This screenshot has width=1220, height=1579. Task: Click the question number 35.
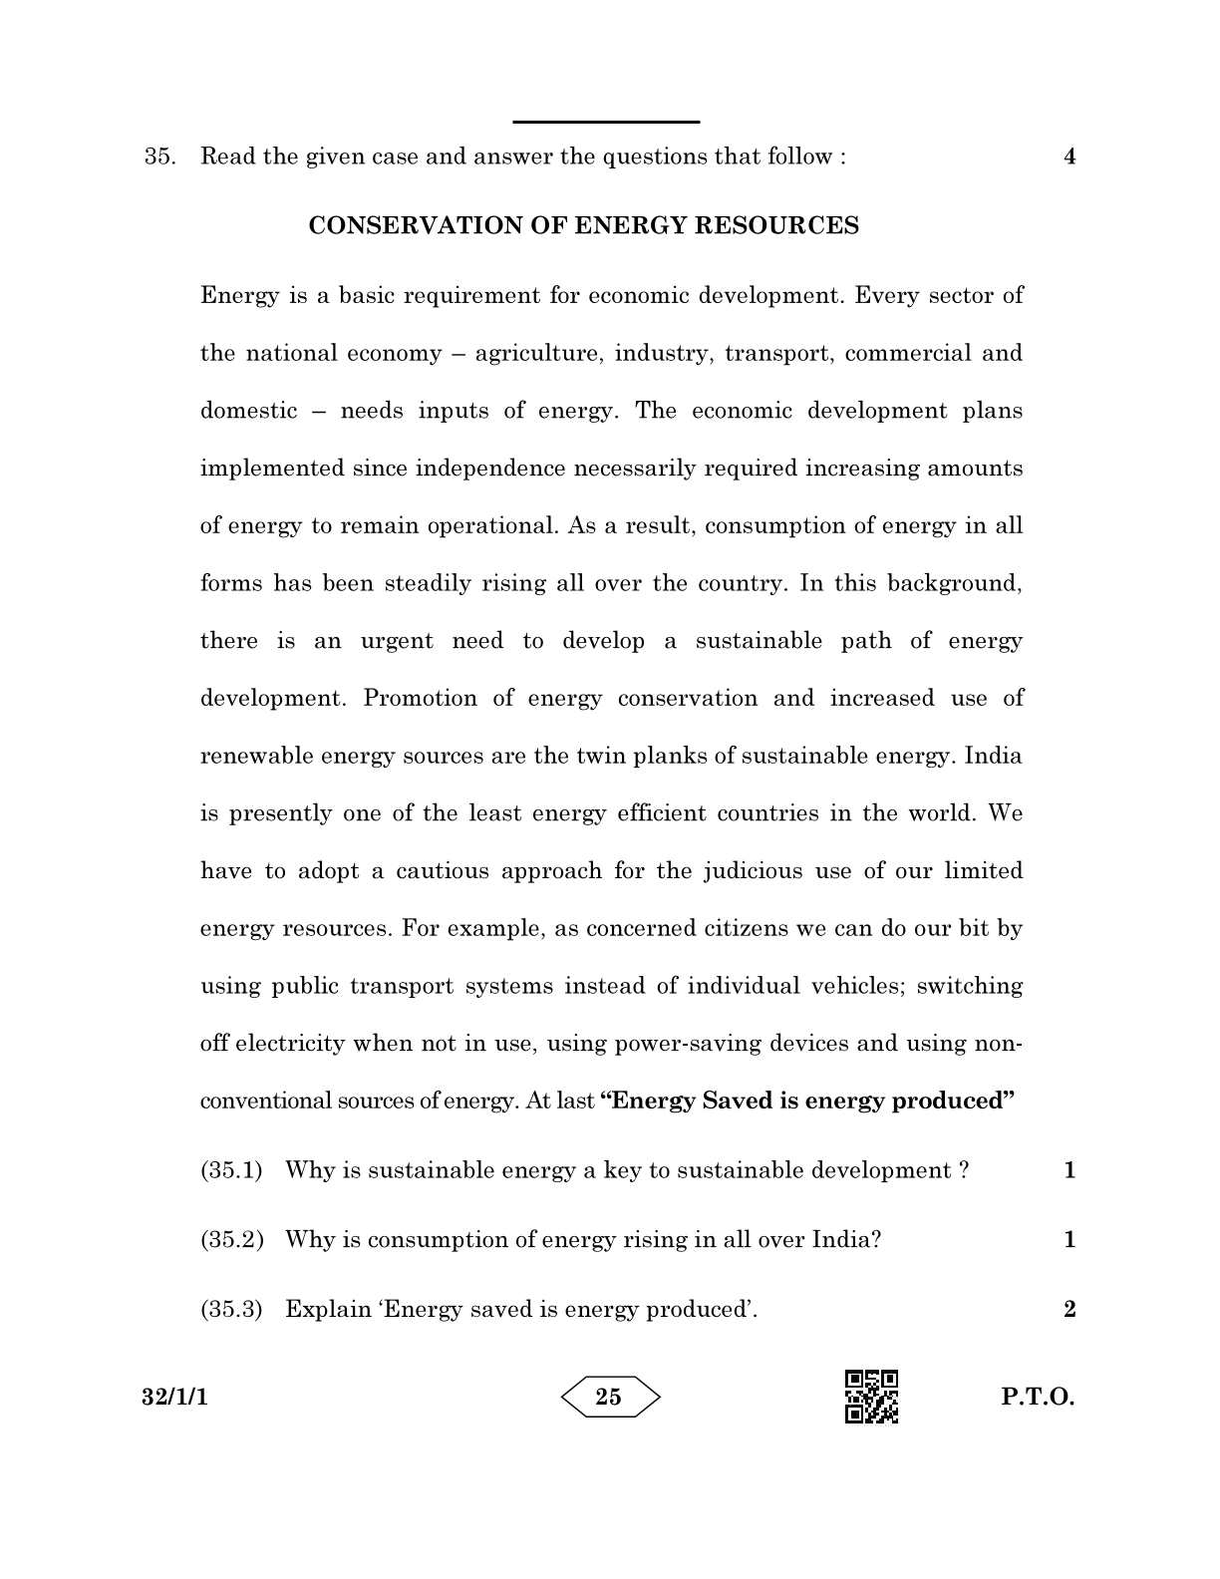click(159, 157)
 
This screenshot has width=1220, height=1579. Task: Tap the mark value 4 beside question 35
click(1069, 157)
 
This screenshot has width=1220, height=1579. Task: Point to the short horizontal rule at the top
click(606, 122)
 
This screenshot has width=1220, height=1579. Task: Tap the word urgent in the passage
click(397, 641)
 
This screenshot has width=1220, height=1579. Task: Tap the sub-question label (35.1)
click(231, 1170)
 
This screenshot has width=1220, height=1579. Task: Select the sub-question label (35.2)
click(231, 1240)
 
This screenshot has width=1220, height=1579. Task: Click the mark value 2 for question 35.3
click(1069, 1310)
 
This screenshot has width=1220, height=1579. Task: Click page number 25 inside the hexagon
click(608, 1398)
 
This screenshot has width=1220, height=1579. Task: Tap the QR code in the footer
click(871, 1397)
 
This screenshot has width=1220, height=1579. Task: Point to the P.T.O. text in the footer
click(1038, 1398)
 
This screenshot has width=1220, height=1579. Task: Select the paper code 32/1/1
click(174, 1398)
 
